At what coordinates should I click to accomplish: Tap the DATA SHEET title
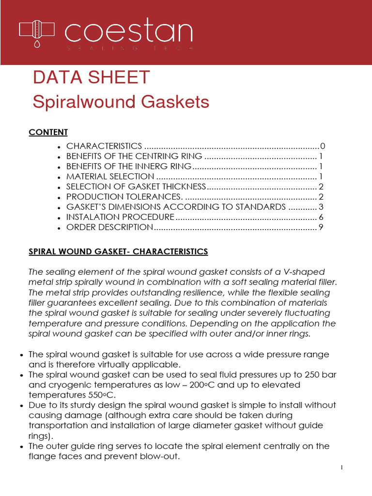point(91,77)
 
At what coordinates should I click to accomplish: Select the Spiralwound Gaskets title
point(121,102)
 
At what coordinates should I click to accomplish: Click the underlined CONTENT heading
point(48,132)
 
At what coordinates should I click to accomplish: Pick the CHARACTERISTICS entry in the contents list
point(104,146)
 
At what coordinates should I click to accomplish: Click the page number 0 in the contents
point(322,146)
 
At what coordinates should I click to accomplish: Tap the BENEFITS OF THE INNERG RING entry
point(129,167)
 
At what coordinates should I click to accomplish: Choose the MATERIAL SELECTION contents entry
point(110,177)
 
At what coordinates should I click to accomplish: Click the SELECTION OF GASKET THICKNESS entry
point(136,187)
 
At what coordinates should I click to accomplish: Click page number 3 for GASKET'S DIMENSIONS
point(321,207)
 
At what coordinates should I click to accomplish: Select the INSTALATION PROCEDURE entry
point(120,217)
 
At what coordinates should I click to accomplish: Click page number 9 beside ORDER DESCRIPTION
point(321,227)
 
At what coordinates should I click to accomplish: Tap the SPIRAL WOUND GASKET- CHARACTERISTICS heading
point(118,251)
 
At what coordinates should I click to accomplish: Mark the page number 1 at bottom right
point(341,467)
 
